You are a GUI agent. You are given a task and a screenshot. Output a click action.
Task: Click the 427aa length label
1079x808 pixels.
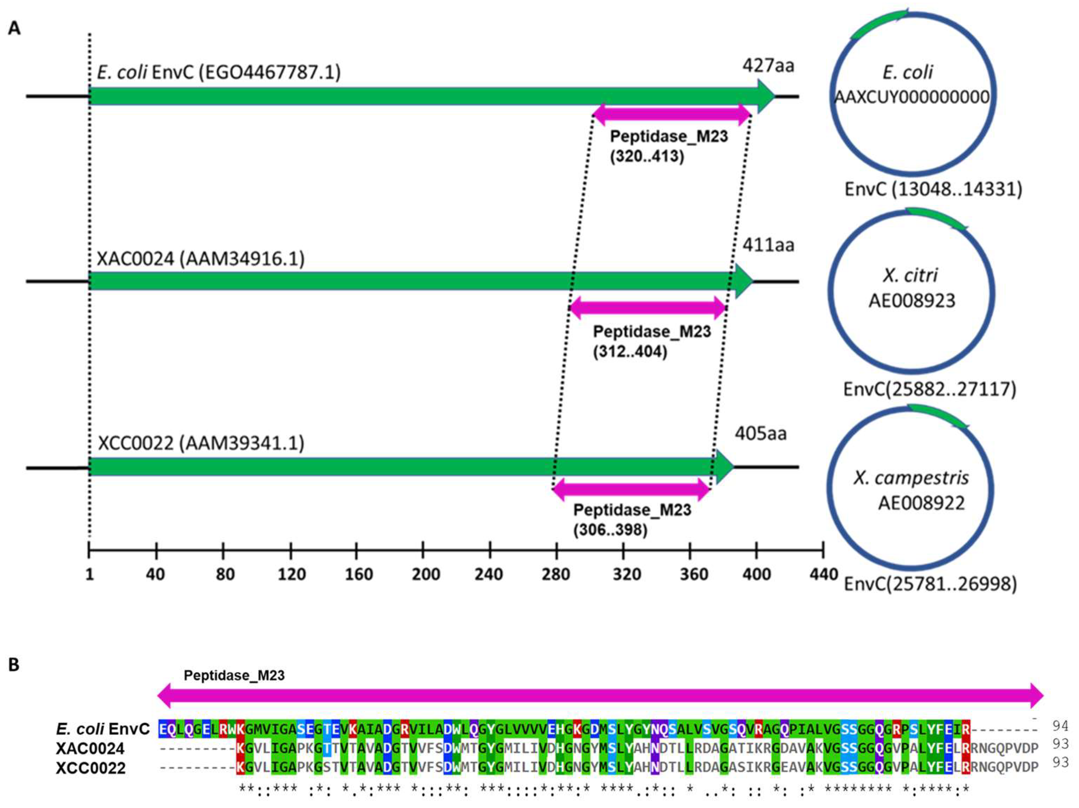768,65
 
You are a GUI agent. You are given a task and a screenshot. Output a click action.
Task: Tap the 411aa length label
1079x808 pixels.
768,245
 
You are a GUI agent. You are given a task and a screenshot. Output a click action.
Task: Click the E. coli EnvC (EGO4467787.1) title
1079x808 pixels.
219,72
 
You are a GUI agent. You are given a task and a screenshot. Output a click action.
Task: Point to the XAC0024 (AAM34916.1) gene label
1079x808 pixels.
201,259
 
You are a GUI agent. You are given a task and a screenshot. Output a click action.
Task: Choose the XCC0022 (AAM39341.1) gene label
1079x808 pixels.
201,443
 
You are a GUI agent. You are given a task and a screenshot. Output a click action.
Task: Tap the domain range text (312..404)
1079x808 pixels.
630,351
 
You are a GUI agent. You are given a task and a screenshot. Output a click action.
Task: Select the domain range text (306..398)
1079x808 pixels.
610,530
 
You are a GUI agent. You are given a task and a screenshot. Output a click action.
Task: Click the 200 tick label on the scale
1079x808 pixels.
425,575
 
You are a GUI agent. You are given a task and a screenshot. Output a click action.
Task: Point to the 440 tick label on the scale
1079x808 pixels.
824,575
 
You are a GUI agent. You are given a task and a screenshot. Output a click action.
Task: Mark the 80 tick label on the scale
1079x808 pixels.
224,575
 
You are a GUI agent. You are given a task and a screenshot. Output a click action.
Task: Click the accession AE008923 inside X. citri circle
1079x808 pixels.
911,301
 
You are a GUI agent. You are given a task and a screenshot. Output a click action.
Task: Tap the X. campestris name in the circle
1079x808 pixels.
911,478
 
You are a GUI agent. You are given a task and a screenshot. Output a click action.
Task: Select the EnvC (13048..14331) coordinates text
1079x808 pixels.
933,189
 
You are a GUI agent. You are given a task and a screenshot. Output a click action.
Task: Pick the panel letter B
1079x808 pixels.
14,665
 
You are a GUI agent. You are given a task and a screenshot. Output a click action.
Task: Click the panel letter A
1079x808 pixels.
15,28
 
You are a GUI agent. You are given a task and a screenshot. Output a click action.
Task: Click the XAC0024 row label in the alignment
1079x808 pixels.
90,749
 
